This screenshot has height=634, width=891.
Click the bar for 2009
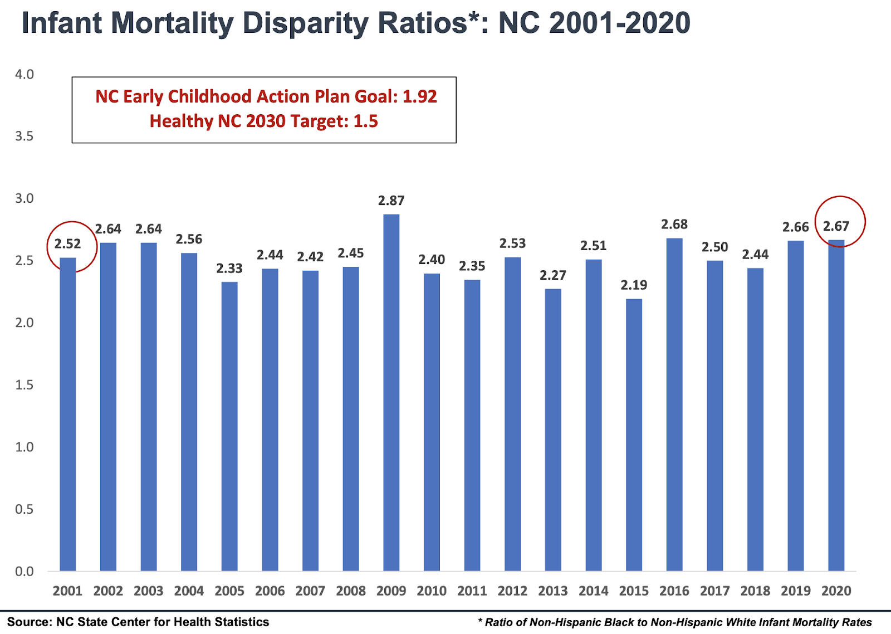click(391, 393)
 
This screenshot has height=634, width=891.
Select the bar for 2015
click(634, 435)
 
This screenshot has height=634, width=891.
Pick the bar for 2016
click(674, 404)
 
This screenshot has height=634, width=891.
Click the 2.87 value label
click(391, 201)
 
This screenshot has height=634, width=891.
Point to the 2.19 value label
click(634, 285)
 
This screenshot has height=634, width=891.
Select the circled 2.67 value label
click(836, 226)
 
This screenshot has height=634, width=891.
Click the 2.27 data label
click(552, 275)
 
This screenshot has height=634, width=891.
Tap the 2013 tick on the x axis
click(552, 591)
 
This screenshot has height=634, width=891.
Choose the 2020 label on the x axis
click(836, 591)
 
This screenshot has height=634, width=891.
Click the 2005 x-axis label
click(229, 591)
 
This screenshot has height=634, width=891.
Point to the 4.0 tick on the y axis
click(25, 75)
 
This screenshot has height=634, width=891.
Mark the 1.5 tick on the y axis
click(25, 385)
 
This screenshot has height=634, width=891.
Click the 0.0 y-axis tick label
click(25, 572)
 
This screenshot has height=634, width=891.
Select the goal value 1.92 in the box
click(419, 96)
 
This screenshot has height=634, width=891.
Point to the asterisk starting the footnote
click(480, 621)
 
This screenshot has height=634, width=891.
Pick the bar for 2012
click(512, 414)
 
